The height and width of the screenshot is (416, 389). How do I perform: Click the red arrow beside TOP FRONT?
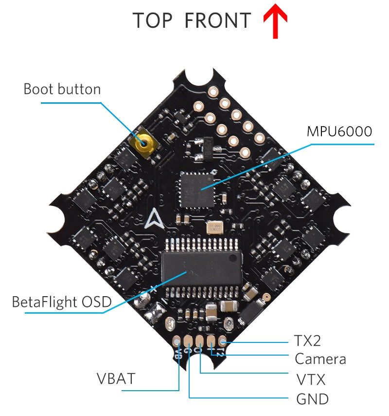[x=275, y=23]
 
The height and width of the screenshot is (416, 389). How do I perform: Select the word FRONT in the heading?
[x=218, y=21]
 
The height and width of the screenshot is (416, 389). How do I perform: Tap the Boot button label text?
[x=62, y=90]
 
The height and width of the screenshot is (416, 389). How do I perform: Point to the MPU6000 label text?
[x=339, y=132]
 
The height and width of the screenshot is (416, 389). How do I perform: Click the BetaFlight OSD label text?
[x=61, y=302]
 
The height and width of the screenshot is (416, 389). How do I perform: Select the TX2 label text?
[x=307, y=340]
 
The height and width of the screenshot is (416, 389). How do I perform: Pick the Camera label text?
[x=320, y=359]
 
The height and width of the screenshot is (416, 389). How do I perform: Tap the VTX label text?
[x=311, y=379]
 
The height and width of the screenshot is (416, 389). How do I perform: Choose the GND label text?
[x=313, y=399]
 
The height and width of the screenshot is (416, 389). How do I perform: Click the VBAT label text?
[x=116, y=378]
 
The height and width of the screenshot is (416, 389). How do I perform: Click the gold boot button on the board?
[x=142, y=143]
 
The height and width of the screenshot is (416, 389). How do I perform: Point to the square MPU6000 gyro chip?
[x=197, y=188]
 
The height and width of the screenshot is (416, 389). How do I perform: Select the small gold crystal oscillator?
[x=215, y=227]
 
